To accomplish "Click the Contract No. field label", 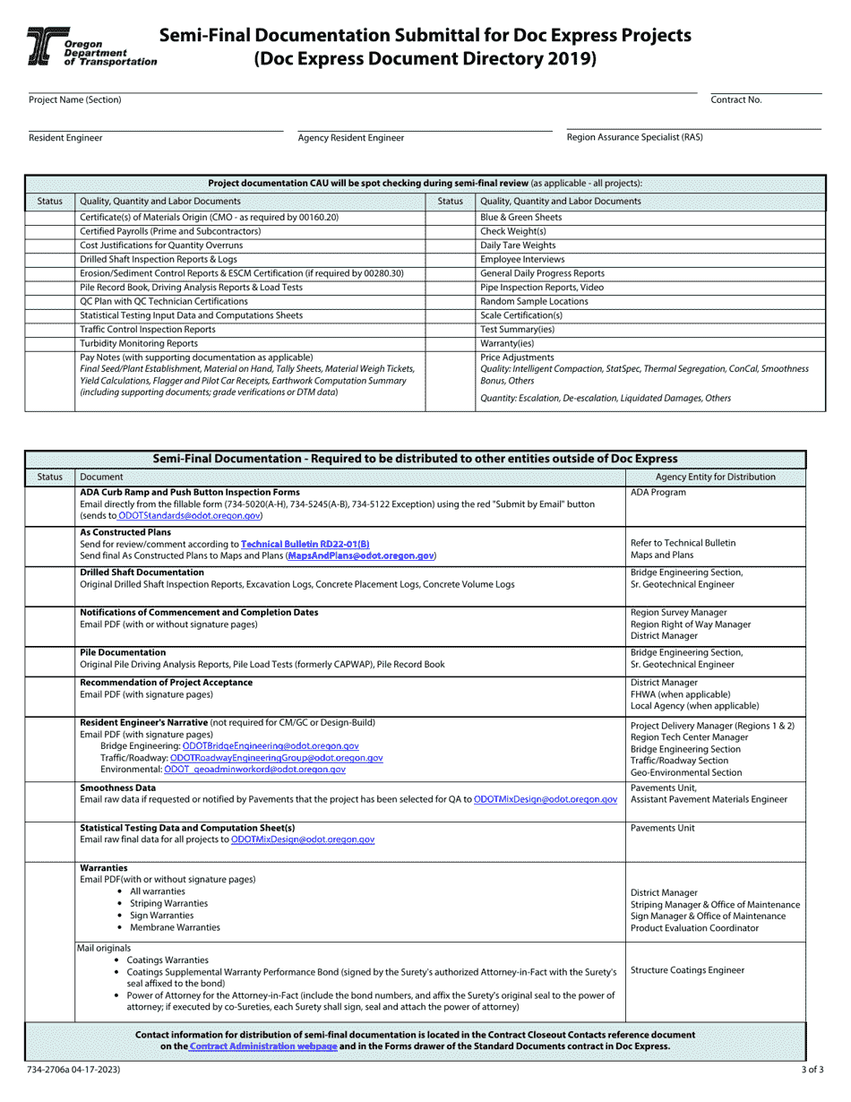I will click(x=735, y=99).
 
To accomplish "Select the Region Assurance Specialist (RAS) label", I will click(x=634, y=137).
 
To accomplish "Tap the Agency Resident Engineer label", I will click(x=350, y=138).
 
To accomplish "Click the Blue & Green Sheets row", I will click(x=521, y=217).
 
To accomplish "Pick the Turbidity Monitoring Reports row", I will click(x=139, y=343).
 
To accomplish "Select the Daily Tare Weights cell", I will click(x=518, y=245).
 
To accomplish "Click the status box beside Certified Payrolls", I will click(x=49, y=231).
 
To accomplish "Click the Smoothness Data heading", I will click(x=117, y=788).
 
